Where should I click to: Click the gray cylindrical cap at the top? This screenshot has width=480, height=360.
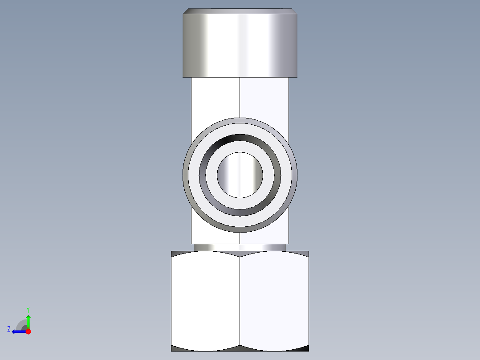(x=240, y=45)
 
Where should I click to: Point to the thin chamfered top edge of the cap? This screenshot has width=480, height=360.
(x=240, y=11)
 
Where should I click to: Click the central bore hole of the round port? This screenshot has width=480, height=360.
(x=240, y=175)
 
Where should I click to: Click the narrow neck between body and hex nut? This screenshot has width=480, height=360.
(x=240, y=247)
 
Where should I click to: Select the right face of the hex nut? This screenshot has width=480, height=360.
(x=274, y=301)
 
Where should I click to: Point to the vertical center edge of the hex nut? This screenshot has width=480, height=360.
(x=240, y=301)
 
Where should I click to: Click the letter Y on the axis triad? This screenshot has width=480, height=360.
(x=28, y=309)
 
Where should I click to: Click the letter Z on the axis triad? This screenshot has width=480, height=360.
(x=9, y=329)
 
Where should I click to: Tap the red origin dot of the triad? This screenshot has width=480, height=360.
(x=28, y=331)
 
